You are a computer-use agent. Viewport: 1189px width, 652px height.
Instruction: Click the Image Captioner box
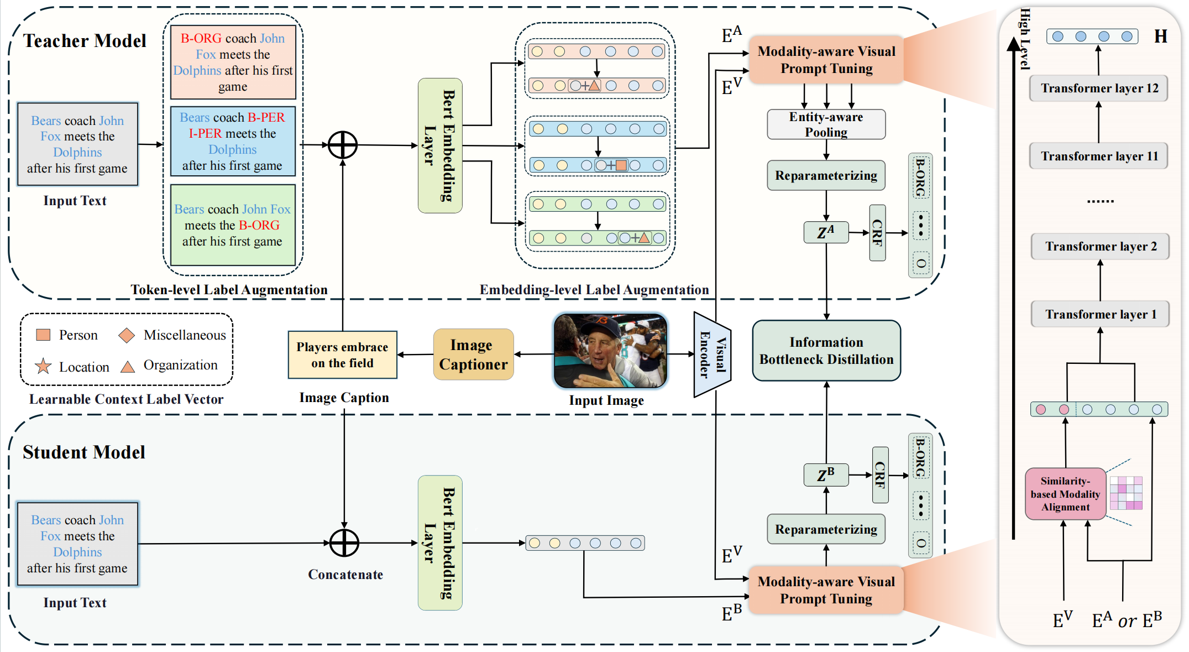point(473,354)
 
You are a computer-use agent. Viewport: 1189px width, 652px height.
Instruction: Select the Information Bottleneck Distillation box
point(826,351)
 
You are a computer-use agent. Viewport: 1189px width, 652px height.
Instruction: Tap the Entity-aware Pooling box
point(826,124)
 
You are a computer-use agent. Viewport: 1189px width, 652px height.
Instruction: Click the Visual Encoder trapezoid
point(712,354)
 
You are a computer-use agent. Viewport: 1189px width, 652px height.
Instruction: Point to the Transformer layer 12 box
point(1098,88)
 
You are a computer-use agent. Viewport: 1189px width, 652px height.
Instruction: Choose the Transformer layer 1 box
point(1099,314)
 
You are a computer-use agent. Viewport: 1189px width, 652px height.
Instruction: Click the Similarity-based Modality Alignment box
point(1065,494)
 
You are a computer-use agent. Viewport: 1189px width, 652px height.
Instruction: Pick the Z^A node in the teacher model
point(825,232)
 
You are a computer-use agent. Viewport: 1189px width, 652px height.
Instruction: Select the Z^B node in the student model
point(825,475)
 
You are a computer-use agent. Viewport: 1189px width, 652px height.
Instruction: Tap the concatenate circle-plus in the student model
point(344,543)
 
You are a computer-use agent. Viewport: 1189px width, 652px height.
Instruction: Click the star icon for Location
point(43,366)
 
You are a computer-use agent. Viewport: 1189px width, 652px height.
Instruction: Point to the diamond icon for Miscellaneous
point(127,335)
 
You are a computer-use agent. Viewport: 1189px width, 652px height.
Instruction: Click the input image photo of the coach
point(610,351)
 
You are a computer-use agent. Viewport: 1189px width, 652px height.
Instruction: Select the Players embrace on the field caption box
point(342,354)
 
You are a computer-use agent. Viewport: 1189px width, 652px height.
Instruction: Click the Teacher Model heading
point(85,41)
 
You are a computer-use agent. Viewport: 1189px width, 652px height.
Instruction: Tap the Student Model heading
point(83,452)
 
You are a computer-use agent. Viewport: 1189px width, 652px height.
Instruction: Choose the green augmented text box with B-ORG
point(233,225)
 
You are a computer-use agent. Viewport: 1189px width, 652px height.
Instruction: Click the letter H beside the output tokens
point(1160,36)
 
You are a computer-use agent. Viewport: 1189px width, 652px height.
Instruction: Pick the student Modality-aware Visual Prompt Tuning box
point(826,590)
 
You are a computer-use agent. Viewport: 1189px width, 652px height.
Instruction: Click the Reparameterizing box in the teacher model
point(826,175)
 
